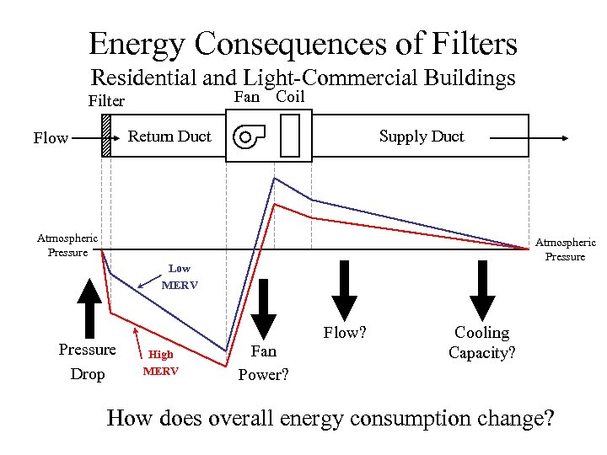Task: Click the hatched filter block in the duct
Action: click(106, 136)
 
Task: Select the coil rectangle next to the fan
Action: click(290, 136)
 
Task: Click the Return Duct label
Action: click(169, 136)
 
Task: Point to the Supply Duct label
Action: click(422, 136)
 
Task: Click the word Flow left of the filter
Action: click(51, 138)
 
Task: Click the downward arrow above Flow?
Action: click(345, 291)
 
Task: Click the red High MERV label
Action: click(160, 362)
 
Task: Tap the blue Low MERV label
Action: click(179, 276)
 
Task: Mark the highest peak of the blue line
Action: click(273, 178)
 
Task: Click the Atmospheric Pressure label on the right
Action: click(565, 249)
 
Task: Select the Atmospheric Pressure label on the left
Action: click(67, 245)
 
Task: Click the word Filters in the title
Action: click(467, 44)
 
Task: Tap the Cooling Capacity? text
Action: click(481, 343)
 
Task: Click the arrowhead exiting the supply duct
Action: click(560, 136)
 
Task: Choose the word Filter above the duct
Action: click(106, 101)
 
